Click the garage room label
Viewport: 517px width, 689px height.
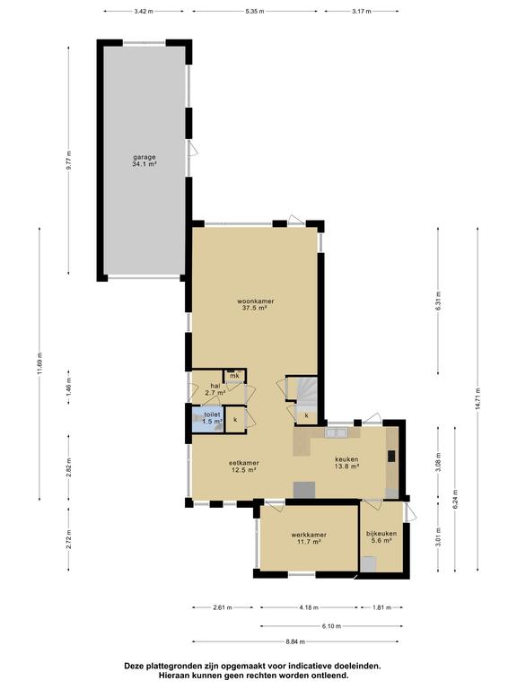[x=145, y=161]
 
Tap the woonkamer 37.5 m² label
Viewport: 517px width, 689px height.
[x=256, y=304]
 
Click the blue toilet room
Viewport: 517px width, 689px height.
[x=206, y=421]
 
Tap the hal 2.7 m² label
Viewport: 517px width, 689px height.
[x=215, y=388]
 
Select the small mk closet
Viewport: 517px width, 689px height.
[x=234, y=376]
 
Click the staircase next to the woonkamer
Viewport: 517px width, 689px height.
[x=306, y=392]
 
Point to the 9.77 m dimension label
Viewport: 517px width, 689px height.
[x=68, y=161]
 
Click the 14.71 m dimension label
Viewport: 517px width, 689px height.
[x=478, y=399]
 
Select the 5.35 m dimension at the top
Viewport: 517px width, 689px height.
[x=255, y=12]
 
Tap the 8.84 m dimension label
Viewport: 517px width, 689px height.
[x=295, y=641]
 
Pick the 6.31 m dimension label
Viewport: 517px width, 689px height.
[x=438, y=301]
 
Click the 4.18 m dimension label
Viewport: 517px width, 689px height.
[x=309, y=607]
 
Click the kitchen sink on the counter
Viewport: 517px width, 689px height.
[x=337, y=432]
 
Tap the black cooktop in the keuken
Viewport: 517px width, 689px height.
[x=391, y=457]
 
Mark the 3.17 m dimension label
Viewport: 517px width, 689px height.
[x=362, y=12]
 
